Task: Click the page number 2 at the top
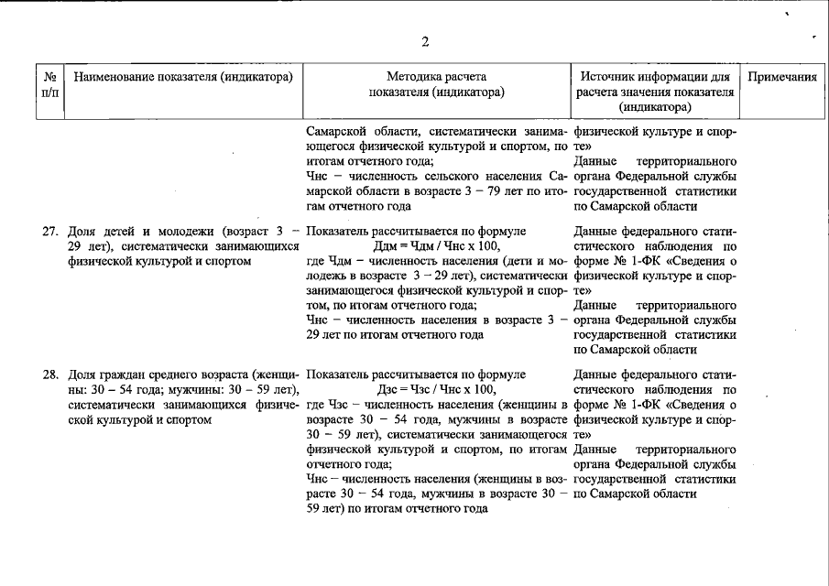click(x=425, y=41)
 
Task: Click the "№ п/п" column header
click(x=50, y=84)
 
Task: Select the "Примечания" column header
click(x=781, y=77)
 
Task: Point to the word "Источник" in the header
click(x=610, y=77)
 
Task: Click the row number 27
click(x=51, y=232)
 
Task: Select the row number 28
click(x=51, y=374)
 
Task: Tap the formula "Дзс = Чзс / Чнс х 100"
click(x=435, y=389)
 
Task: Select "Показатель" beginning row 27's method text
click(x=338, y=232)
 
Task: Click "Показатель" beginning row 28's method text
click(x=338, y=374)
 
